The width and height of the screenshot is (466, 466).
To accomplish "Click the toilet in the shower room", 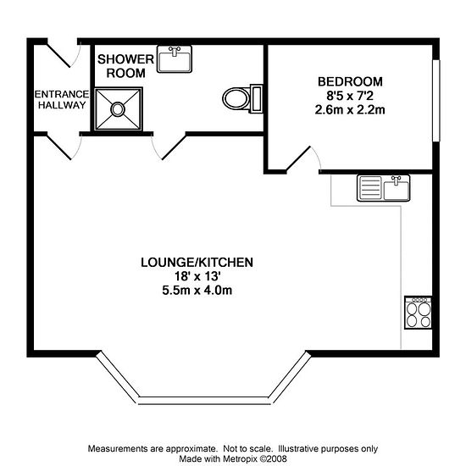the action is click(x=242, y=98).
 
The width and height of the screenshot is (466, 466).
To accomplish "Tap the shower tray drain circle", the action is click(x=118, y=109).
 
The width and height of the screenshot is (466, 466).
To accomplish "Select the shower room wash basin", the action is click(x=175, y=59).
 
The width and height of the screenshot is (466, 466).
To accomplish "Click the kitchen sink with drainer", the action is click(x=383, y=188).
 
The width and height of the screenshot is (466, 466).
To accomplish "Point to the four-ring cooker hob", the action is click(x=419, y=313).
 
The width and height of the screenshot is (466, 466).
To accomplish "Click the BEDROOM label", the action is click(x=350, y=81).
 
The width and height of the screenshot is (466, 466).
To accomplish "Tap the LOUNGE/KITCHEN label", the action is click(x=197, y=263).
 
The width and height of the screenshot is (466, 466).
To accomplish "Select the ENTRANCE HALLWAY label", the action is click(x=62, y=100).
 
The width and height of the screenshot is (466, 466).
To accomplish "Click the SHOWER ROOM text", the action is click(x=125, y=66).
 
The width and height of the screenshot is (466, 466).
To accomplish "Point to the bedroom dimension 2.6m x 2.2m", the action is click(x=350, y=110).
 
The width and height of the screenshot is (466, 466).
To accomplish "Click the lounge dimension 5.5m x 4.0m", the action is click(x=197, y=291).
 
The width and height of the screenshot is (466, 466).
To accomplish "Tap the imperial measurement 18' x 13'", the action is click(x=197, y=276).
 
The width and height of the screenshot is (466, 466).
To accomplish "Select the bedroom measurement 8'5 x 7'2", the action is click(x=350, y=96).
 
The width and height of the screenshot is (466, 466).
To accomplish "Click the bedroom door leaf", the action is click(x=298, y=159).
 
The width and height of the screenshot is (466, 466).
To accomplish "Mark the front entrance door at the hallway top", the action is click(x=58, y=56).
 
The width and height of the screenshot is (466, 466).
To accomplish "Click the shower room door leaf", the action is click(x=174, y=147).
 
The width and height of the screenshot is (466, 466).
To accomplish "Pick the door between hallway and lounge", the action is click(x=59, y=147).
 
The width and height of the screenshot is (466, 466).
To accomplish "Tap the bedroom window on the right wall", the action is click(x=436, y=101).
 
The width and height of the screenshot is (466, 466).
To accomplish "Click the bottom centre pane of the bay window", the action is click(x=204, y=400).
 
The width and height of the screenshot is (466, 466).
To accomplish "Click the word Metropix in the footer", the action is click(x=241, y=458).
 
